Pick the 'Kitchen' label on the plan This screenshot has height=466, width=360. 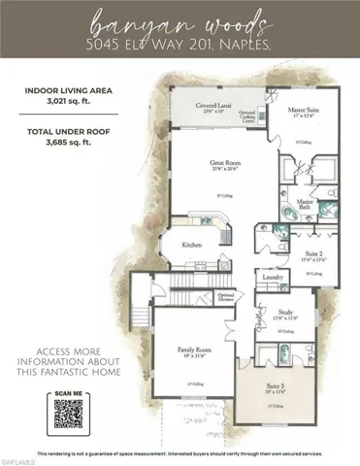(x=193, y=245)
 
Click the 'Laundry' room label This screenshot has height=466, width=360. (x=273, y=278)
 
